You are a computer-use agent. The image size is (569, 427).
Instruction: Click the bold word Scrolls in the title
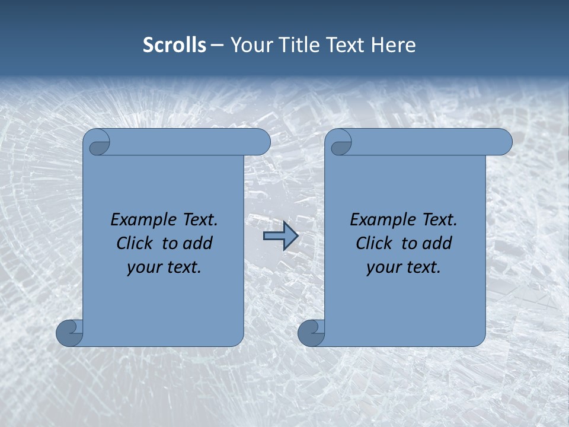[174, 45]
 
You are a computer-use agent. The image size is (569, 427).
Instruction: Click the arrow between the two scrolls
[280, 236]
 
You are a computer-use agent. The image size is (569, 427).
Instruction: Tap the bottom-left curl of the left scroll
[70, 332]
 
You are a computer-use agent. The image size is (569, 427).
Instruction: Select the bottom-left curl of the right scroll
[311, 332]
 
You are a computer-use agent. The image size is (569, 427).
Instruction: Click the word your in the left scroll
[144, 268]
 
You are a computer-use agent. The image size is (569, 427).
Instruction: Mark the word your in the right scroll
[383, 268]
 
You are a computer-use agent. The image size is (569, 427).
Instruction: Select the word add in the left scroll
[197, 244]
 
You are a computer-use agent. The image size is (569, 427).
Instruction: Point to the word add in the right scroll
[437, 244]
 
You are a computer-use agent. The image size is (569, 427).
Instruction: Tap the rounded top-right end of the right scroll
[501, 142]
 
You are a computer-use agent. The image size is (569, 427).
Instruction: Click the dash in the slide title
[218, 46]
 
